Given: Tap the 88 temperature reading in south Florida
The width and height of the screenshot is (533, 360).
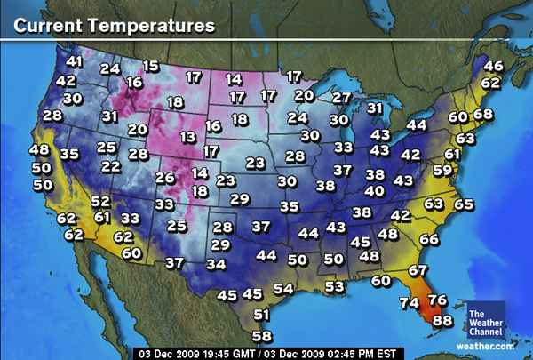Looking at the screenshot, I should pyautogui.click(x=442, y=321).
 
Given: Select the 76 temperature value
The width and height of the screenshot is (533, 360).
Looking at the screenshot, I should pyautogui.click(x=437, y=301).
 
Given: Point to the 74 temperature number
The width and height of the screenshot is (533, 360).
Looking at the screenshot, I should pyautogui.click(x=409, y=303).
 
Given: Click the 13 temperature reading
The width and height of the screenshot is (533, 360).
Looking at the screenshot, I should pyautogui.click(x=187, y=137).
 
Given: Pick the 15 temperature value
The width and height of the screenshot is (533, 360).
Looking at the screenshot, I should pyautogui.click(x=150, y=66).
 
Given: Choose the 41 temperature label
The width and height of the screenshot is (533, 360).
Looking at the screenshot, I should pyautogui.click(x=74, y=62).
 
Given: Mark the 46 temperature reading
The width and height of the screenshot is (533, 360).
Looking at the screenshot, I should pyautogui.click(x=492, y=66).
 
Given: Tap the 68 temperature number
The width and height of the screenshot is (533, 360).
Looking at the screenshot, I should pyautogui.click(x=482, y=114).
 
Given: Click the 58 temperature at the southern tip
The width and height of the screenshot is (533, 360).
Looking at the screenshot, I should pyautogui.click(x=261, y=336).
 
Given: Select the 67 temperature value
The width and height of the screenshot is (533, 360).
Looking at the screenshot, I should pyautogui.click(x=418, y=270).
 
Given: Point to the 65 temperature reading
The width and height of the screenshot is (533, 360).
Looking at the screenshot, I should pyautogui.click(x=464, y=204).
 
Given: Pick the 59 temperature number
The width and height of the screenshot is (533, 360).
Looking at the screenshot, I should pyautogui.click(x=442, y=171).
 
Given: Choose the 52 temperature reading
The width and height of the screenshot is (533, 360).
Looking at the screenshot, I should pyautogui.click(x=99, y=202).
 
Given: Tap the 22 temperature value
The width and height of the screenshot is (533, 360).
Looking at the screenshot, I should pyautogui.click(x=110, y=166).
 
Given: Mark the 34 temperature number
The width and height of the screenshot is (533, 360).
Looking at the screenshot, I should pyautogui.click(x=216, y=264).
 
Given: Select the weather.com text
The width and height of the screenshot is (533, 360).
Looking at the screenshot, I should pyautogui.click(x=485, y=346).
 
